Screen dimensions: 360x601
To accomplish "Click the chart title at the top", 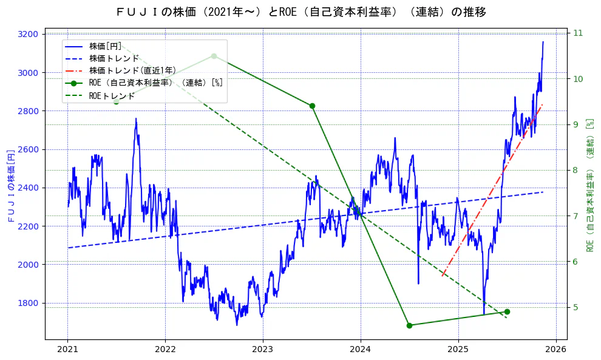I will pyautogui.click(x=300, y=12).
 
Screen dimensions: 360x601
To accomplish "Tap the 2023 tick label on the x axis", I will pyautogui.click(x=263, y=349).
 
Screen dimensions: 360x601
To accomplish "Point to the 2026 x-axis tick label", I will pyautogui.click(x=555, y=349).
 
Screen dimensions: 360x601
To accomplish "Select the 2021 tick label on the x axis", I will pyautogui.click(x=67, y=349).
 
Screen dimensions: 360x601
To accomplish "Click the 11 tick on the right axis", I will pyautogui.click(x=577, y=33).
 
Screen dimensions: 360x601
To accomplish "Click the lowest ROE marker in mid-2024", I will pyautogui.click(x=409, y=325).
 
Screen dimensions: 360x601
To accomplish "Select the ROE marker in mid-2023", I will pyautogui.click(x=312, y=106).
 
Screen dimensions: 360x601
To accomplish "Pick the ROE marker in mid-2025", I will pyautogui.click(x=507, y=311).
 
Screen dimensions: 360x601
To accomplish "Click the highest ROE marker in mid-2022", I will pyautogui.click(x=214, y=56).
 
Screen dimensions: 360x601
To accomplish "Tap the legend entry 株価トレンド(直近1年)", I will pyautogui.click(x=132, y=70).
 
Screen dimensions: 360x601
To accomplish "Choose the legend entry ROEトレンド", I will pyautogui.click(x=112, y=95).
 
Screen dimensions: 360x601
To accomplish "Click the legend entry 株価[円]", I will pyautogui.click(x=105, y=46).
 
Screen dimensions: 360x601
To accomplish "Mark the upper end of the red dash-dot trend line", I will pyautogui.click(x=542, y=104).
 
